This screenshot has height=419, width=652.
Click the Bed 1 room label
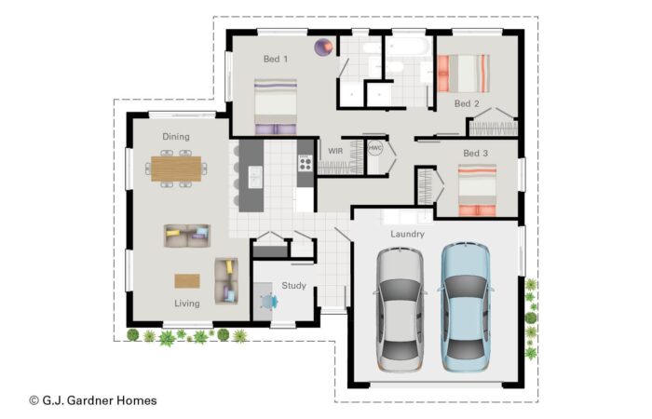coord(276,59)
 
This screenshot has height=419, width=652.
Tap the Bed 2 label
coord(467,103)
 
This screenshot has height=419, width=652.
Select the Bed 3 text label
coord(475,153)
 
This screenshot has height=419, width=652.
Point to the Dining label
coord(176,136)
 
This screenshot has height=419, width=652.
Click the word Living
coord(186,304)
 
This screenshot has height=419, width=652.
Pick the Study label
coord(293,286)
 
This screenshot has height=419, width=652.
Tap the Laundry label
coord(407,234)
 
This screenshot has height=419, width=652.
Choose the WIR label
coord(335,151)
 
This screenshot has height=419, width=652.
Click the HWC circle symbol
coord(375,148)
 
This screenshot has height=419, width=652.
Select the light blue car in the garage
coord(466,306)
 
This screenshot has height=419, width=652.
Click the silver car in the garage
coord(400,310)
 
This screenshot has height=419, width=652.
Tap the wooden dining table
coord(176,169)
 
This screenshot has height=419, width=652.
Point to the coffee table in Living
coord(187,281)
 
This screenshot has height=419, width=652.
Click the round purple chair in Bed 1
coord(323,47)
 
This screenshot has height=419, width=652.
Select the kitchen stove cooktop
coord(306,163)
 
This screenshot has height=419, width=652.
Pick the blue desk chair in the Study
coord(268,302)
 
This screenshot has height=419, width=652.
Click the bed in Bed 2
coord(463,74)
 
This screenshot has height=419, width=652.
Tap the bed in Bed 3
coord(477,190)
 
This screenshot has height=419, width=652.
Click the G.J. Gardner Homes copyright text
coord(93,400)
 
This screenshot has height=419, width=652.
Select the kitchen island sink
coord(255,177)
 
